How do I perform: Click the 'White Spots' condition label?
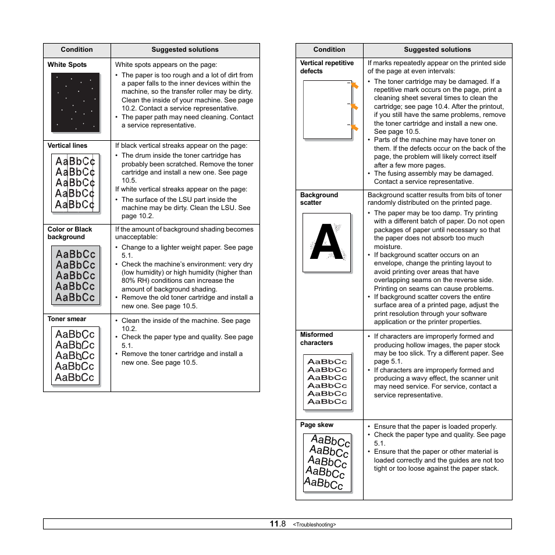coord(67,65)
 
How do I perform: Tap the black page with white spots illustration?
coord(76,102)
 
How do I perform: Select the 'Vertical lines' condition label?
coord(67,145)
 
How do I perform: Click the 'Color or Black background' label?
coord(70,233)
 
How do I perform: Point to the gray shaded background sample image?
coord(76,275)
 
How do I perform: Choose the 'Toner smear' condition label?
coord(66,319)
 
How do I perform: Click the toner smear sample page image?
coord(76,356)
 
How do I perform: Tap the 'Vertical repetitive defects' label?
coord(326,67)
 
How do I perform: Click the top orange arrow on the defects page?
coord(354,86)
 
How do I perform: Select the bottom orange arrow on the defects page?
coord(354,127)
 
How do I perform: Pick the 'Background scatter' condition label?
coord(319,199)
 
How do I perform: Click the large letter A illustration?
coord(327,243)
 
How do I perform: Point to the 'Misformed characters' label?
coord(316,339)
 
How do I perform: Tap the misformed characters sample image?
coord(328,381)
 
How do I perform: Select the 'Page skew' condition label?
coord(316,425)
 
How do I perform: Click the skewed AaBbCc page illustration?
coord(328,462)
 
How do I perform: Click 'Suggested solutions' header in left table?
coord(185,49)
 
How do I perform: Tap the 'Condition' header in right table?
coord(329,49)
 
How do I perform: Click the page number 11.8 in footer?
coord(277,524)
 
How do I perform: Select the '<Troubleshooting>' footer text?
coord(314,525)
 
